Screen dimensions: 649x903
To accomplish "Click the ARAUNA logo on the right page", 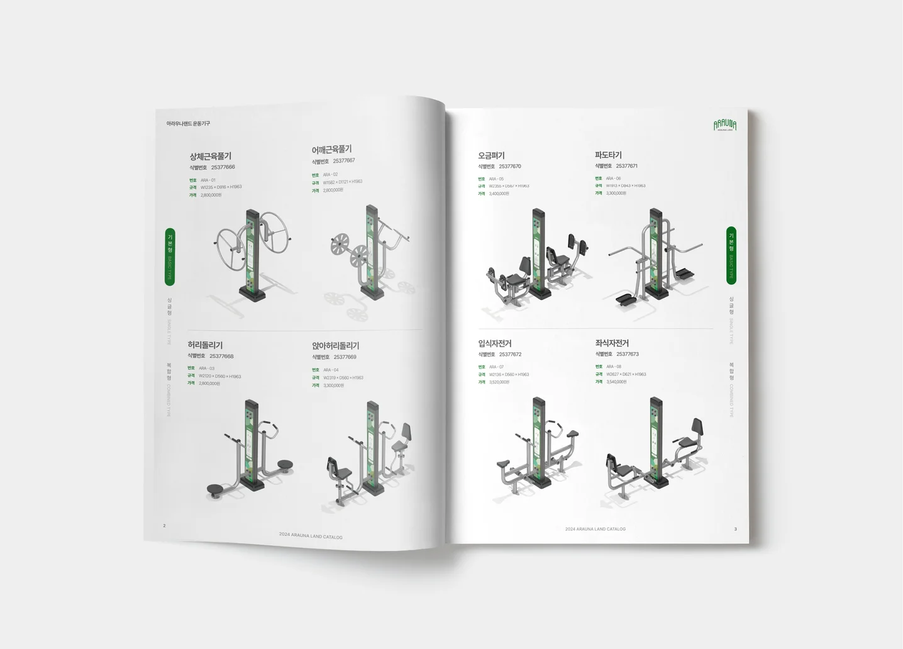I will click(725, 125).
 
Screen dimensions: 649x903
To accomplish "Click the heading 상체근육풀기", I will click(211, 156).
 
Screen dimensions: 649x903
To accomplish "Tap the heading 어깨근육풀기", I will click(331, 150).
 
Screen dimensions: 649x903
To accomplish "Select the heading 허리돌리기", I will click(205, 345).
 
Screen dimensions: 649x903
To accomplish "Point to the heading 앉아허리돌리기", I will click(335, 346).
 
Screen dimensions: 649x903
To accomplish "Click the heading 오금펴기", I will click(491, 155).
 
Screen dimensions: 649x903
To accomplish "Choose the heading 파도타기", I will click(608, 155).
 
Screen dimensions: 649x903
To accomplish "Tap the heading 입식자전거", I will click(495, 343).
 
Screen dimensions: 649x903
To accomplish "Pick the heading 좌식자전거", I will click(612, 343).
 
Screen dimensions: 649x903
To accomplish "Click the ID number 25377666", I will click(223, 167).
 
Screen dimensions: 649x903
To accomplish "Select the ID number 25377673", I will click(628, 354).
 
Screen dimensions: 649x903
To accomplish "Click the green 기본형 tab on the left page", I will click(170, 257).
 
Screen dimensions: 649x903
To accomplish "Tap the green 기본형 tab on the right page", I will click(731, 255).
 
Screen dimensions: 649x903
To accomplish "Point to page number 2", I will click(164, 526).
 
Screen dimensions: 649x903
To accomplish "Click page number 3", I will click(735, 529).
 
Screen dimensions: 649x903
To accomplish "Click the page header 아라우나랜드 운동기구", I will click(188, 123).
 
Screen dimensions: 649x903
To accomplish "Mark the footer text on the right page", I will click(595, 529).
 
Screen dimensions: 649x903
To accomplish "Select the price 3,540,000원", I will click(616, 382).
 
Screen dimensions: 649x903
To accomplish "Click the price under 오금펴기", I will click(499, 194).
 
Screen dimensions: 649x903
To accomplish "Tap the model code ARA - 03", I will click(207, 369).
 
